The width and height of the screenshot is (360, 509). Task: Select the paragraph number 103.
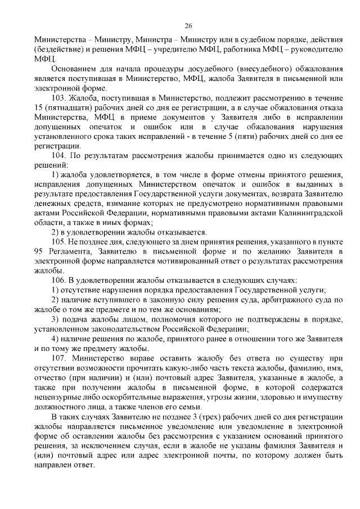59,98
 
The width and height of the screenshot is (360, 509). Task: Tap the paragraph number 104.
59,155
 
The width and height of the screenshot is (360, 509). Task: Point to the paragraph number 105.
59,241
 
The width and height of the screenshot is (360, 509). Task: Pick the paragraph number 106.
59,280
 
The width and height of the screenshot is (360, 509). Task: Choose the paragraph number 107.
59,358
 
